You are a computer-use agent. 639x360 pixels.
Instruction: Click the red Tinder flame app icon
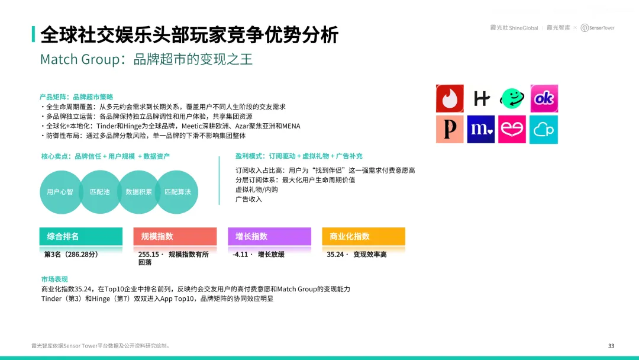(x=450, y=98)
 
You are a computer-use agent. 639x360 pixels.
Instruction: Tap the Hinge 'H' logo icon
(x=481, y=98)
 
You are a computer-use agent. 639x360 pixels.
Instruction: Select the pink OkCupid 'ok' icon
(x=544, y=98)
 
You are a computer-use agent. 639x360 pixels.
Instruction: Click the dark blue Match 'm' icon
(x=481, y=129)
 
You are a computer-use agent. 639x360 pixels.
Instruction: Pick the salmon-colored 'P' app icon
(x=450, y=129)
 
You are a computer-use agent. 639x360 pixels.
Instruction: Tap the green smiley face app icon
(x=512, y=98)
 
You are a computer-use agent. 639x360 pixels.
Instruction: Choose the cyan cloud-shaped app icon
(x=544, y=129)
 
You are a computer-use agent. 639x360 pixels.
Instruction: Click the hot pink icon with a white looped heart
(x=512, y=129)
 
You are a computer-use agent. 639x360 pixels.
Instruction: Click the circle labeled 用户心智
(x=61, y=192)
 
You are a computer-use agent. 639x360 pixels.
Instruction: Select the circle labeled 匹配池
(x=100, y=192)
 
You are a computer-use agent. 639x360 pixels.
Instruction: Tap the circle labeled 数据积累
(x=138, y=192)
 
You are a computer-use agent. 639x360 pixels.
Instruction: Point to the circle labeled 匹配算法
(x=177, y=192)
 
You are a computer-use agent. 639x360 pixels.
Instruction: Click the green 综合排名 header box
(x=80, y=236)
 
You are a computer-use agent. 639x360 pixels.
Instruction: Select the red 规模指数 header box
(x=175, y=236)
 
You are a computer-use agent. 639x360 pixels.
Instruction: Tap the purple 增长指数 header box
(x=269, y=236)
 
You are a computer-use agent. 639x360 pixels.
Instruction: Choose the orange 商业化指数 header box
(x=363, y=236)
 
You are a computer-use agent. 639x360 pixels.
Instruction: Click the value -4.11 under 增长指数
(x=240, y=255)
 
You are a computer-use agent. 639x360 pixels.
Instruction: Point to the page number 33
(x=611, y=346)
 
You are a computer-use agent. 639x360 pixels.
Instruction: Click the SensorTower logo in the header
(x=598, y=28)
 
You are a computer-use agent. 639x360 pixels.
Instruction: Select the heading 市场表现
(x=54, y=279)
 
